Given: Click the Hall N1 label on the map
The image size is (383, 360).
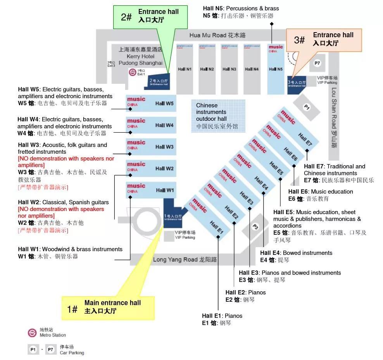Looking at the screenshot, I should (185, 69).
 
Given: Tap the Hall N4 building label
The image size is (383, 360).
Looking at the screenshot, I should (251, 69).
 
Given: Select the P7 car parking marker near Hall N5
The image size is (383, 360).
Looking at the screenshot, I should (317, 63).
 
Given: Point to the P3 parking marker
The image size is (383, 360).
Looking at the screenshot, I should (255, 227).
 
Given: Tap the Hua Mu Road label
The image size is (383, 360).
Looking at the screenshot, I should (217, 35).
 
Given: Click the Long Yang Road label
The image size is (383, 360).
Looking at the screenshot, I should (185, 260).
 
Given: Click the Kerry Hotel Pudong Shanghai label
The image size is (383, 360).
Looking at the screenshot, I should (140, 56).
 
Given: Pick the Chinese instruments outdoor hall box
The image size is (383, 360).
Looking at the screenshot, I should (218, 116).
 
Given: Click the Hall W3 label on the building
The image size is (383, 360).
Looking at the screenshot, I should (164, 147).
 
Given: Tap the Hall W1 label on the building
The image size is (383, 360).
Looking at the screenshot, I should (165, 190).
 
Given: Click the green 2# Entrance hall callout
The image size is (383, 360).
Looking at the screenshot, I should (150, 16).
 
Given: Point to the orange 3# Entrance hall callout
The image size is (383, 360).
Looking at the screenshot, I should (323, 40).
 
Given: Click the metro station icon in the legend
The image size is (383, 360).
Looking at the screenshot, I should (32, 332).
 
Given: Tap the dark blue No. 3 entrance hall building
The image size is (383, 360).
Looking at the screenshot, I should (297, 85).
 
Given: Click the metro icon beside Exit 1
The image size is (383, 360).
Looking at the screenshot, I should (133, 73).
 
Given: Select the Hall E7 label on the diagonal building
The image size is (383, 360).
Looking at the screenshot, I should (305, 140).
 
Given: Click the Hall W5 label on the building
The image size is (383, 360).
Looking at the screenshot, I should (164, 104).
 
